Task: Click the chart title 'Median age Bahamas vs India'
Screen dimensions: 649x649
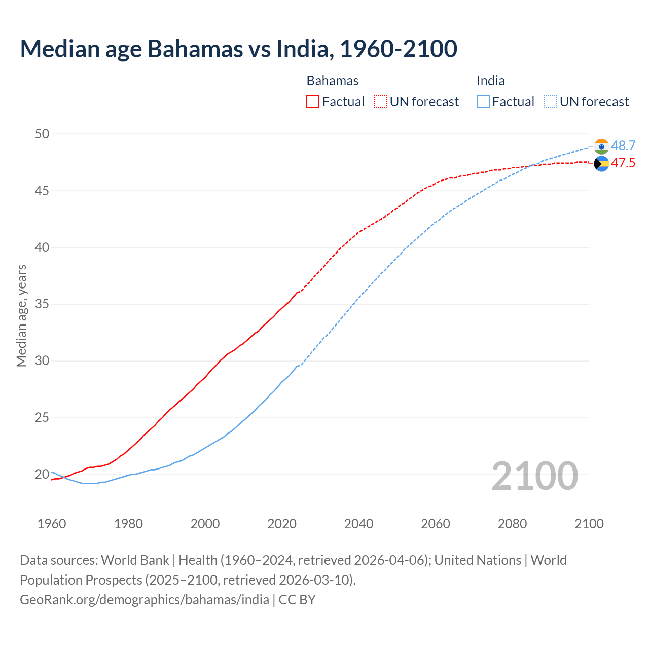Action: [x=238, y=49]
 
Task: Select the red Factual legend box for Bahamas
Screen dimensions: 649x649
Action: [x=313, y=102]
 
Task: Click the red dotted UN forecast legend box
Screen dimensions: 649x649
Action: [x=380, y=102]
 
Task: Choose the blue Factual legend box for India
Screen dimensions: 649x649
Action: [x=483, y=102]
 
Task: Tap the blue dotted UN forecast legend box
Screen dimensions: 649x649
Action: [x=551, y=102]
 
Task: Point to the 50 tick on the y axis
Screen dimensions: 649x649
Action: [x=42, y=134]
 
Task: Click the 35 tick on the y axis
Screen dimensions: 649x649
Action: [x=42, y=304]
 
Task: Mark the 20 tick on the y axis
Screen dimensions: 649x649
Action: [x=42, y=475]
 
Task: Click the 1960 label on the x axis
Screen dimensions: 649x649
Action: [x=52, y=524]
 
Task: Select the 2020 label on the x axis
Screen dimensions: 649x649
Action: [x=282, y=524]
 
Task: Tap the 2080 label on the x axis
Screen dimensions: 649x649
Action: [x=512, y=524]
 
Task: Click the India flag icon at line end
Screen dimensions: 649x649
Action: [x=601, y=147]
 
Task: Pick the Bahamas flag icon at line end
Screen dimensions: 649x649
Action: [x=601, y=164]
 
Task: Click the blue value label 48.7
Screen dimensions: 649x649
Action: [x=623, y=146]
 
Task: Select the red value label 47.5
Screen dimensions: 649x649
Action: [x=623, y=163]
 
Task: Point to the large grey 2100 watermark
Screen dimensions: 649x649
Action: [x=534, y=476]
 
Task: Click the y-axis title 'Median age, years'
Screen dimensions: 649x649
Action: [x=21, y=315]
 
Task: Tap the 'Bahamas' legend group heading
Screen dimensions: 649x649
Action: [x=333, y=81]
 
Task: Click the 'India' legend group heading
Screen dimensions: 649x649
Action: [x=490, y=81]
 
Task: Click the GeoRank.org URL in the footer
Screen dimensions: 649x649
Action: [x=145, y=600]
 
